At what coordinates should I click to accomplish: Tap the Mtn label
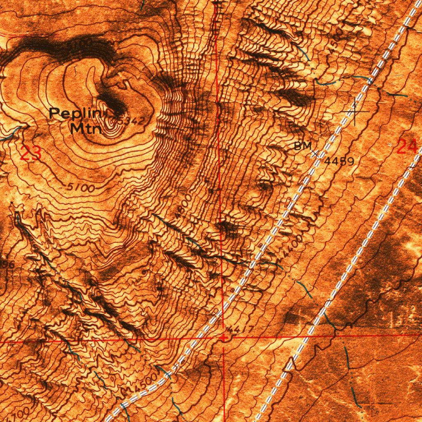[85, 129]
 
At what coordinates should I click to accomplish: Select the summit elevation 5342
[131, 121]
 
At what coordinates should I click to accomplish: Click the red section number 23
[31, 154]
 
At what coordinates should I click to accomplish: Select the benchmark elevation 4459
[339, 161]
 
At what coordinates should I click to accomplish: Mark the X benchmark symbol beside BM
[316, 154]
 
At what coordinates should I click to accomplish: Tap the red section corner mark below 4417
[223, 338]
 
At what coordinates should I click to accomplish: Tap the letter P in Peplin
[54, 113]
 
